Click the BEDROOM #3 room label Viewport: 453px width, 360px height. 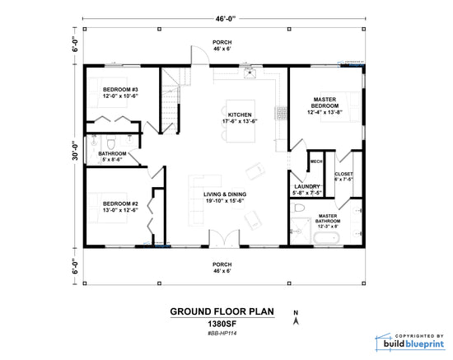click(120, 89)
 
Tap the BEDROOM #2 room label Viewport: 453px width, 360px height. click(120, 203)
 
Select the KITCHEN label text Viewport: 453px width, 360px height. click(241, 115)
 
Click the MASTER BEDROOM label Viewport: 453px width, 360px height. click(324, 104)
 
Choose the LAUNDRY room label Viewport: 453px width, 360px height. click(306, 187)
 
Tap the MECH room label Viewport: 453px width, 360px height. click(315, 161)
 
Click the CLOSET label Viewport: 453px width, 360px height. click(344, 174)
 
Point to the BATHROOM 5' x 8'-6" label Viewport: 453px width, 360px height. click(113, 153)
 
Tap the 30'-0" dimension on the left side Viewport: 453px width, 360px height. click(76, 153)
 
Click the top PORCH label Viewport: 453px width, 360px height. click(222, 42)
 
